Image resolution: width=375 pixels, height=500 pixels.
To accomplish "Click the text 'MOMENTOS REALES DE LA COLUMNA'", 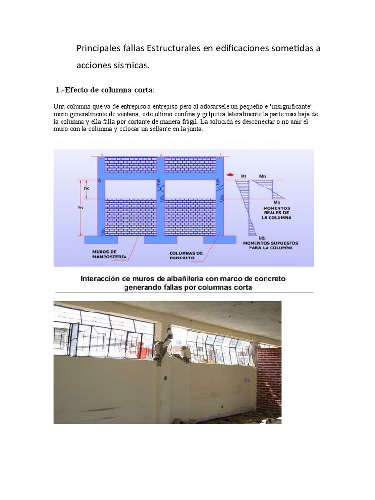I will [276, 213].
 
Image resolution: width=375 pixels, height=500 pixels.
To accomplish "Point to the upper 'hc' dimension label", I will [87, 189].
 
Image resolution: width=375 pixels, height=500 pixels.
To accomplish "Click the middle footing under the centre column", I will [159, 240].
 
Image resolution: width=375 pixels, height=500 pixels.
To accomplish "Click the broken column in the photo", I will [163, 348].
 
